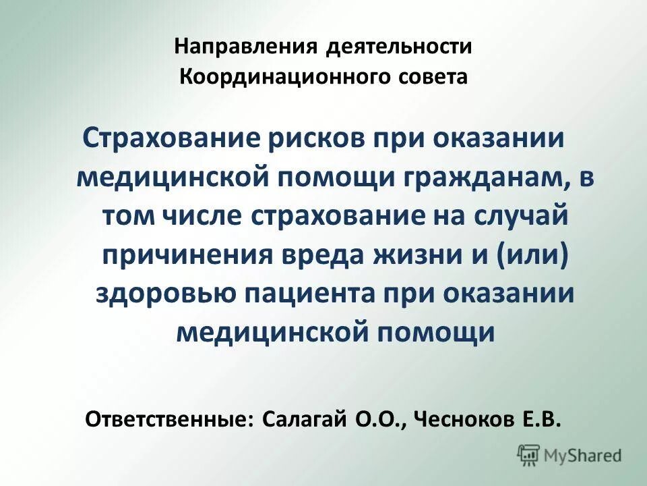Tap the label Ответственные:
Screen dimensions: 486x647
170,419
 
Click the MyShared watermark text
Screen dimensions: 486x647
583,455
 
